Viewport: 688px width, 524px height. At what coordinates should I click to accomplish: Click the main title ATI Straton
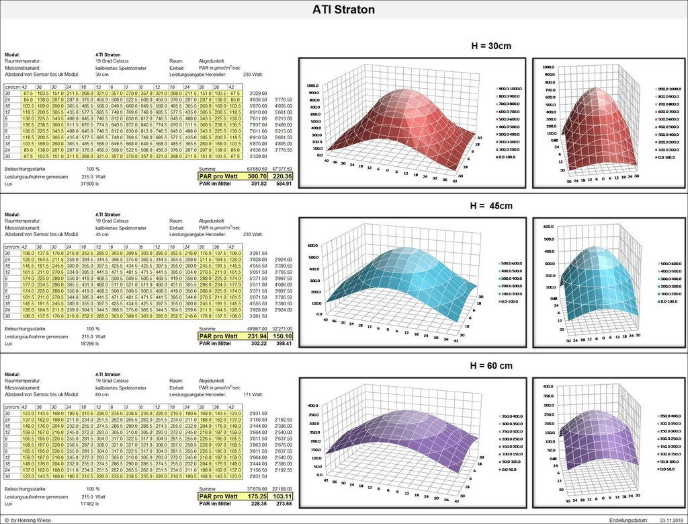point(343,9)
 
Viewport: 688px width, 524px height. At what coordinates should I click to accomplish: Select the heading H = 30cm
point(500,46)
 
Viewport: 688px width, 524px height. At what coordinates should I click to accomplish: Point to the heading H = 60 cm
point(501,365)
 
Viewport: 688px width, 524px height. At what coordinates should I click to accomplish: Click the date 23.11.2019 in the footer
point(671,520)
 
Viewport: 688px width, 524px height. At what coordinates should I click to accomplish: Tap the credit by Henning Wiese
point(31,520)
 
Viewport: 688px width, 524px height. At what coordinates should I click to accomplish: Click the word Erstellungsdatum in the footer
point(629,520)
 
